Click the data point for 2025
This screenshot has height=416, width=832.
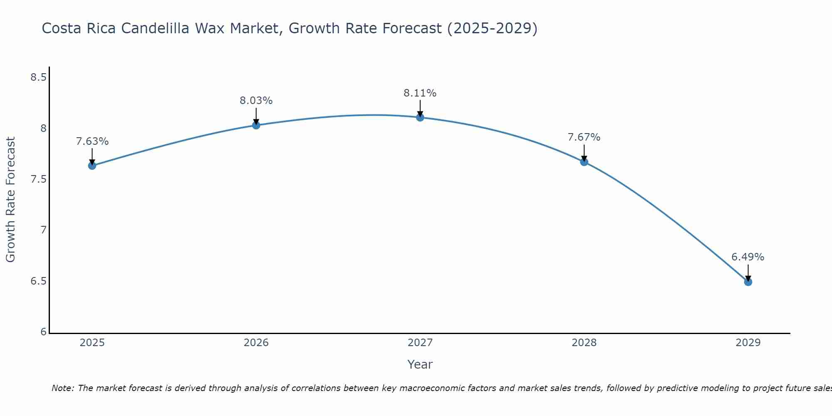pos(92,166)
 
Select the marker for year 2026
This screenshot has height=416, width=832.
pos(256,125)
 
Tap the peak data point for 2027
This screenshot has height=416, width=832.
pos(420,117)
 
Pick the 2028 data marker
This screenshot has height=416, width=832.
pos(584,162)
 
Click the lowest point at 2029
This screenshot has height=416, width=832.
pos(748,282)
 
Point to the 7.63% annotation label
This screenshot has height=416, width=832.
pos(92,141)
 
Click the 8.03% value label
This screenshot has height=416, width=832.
pos(256,101)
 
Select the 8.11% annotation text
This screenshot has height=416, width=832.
pos(420,93)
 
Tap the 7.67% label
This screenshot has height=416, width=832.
pos(584,137)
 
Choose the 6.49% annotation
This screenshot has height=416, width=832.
pos(748,257)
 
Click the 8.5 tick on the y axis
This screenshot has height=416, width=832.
pos(38,77)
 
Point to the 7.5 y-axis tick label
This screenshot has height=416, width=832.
pos(38,179)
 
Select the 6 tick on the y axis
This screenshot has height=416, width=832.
pos(43,332)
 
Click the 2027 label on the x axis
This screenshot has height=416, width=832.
pos(420,343)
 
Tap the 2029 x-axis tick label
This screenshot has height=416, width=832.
pos(748,343)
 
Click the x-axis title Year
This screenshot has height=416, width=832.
pos(420,364)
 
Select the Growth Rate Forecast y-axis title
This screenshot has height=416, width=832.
pos(10,199)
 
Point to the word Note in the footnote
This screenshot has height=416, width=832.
pos(62,388)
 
